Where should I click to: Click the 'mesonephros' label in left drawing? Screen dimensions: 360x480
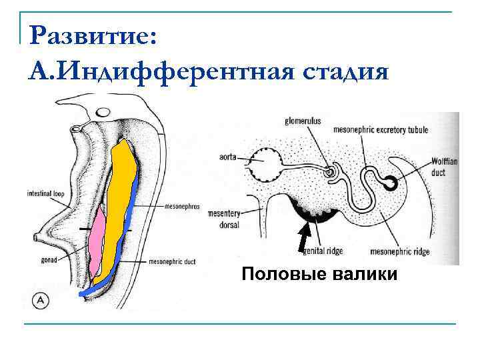182,207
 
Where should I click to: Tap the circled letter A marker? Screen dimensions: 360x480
40,300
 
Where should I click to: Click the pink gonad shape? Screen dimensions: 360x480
98,237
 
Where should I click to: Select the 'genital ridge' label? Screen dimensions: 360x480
323,251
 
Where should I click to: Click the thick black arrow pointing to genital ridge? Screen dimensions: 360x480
303,239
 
